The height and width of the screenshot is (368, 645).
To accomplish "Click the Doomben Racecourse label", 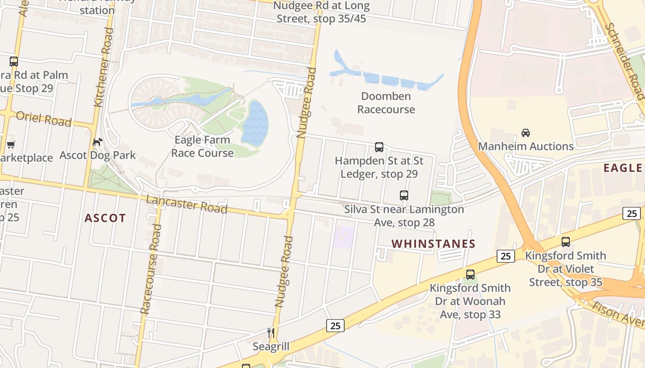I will pos(386,103).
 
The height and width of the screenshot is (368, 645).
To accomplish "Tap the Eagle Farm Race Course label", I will pos(202,146).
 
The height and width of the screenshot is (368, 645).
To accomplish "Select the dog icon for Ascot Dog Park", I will pos(97,142).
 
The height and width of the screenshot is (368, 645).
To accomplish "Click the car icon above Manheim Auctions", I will pos(525,133).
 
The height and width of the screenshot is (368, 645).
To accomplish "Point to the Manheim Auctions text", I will pos(526,147).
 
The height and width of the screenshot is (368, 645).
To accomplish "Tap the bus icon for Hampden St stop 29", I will pos(379,147).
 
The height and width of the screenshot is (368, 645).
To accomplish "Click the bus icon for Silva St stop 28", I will pos(404,195).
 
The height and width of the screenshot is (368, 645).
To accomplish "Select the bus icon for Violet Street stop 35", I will pos(565,242).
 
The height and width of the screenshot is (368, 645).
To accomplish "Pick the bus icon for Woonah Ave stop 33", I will pos(470,275).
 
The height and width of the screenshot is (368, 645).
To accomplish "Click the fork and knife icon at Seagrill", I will pos(271,333).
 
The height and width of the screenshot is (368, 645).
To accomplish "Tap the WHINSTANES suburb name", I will pos(433,244).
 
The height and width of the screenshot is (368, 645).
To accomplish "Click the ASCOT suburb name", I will pos(105,218).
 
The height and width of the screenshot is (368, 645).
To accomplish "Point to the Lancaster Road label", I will pos(187,204).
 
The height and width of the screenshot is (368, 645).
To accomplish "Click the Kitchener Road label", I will pos(103,67).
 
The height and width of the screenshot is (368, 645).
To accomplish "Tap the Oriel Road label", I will pos(44,118).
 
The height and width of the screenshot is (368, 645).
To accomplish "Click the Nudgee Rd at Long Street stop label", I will pos(322,12).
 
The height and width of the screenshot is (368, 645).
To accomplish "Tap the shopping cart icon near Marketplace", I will pos(10,144).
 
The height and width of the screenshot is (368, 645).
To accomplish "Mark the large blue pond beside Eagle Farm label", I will pos(255,123).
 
